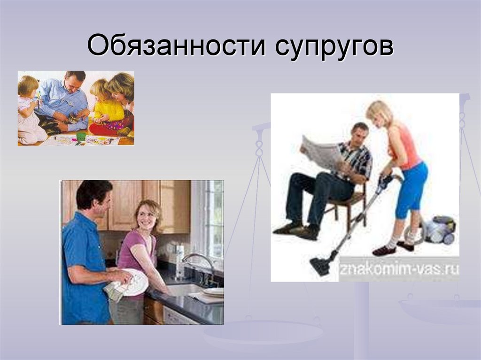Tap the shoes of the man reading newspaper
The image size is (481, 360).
tap(296, 230)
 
